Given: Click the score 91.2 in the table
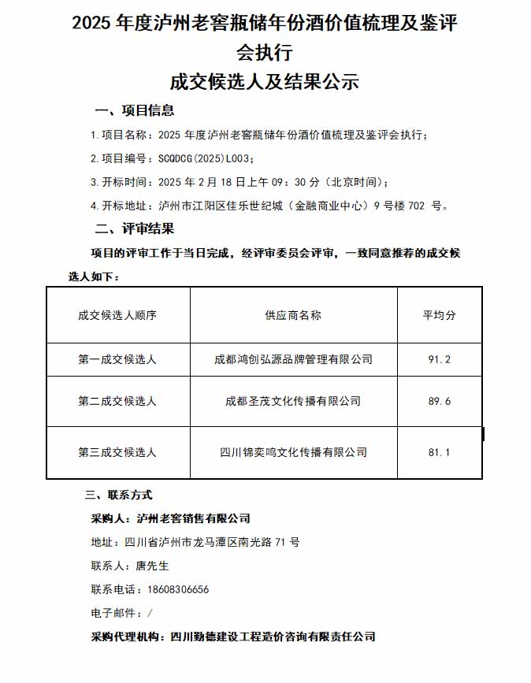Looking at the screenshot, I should (439, 359).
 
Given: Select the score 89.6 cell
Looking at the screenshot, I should (439, 401).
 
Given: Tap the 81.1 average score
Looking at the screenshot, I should (439, 452).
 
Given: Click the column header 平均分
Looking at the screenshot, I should (439, 314).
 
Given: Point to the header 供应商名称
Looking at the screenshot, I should (293, 314).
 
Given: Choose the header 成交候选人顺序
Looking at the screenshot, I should (117, 314).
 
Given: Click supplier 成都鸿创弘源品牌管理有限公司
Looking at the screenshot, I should (293, 359).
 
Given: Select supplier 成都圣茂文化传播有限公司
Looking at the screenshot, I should (293, 401).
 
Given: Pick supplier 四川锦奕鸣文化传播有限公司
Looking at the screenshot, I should (293, 452).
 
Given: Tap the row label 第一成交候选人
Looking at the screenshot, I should (117, 359).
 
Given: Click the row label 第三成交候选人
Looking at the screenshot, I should (117, 452).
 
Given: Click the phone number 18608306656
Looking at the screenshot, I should (178, 589).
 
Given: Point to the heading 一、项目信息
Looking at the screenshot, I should (135, 110).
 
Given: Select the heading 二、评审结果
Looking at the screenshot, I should (135, 229).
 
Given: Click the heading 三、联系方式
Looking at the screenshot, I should (118, 495).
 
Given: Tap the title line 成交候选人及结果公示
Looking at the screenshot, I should (265, 80).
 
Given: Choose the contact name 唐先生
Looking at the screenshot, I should (152, 566).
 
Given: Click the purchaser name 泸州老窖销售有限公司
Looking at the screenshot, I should (193, 518).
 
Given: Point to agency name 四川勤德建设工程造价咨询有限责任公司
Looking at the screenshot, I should (273, 637).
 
